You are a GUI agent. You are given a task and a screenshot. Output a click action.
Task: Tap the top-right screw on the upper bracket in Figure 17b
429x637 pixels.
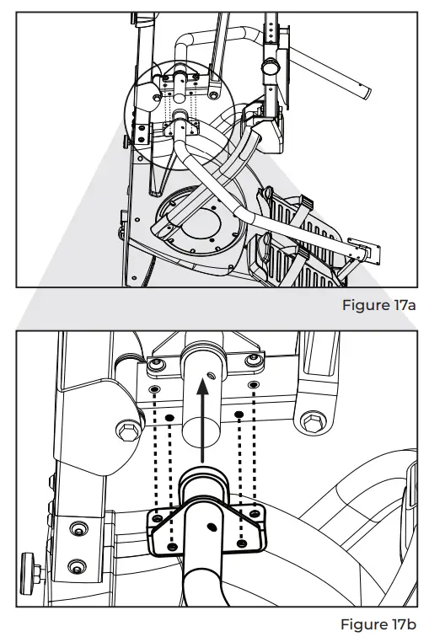[251, 361]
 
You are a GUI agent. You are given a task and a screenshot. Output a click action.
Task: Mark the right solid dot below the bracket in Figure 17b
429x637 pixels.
[240, 416]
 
